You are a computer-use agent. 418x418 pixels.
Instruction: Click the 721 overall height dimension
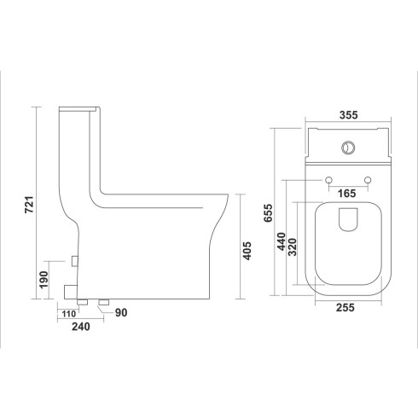[29, 205]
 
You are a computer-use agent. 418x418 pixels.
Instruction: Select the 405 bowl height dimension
[247, 251]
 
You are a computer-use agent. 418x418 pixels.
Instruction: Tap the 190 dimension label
[44, 280]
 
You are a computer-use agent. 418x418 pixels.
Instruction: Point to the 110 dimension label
[69, 314]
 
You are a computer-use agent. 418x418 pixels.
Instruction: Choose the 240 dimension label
[81, 327]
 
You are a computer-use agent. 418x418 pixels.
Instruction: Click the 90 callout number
[121, 313]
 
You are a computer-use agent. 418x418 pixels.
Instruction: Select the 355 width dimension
[349, 115]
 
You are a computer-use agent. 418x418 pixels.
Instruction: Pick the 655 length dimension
[268, 212]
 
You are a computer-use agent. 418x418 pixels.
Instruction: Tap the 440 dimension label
[282, 241]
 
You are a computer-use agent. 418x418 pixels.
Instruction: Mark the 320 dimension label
[292, 247]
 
